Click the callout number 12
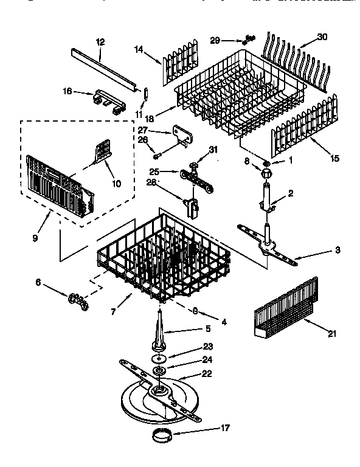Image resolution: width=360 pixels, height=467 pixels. pos(100,42)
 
